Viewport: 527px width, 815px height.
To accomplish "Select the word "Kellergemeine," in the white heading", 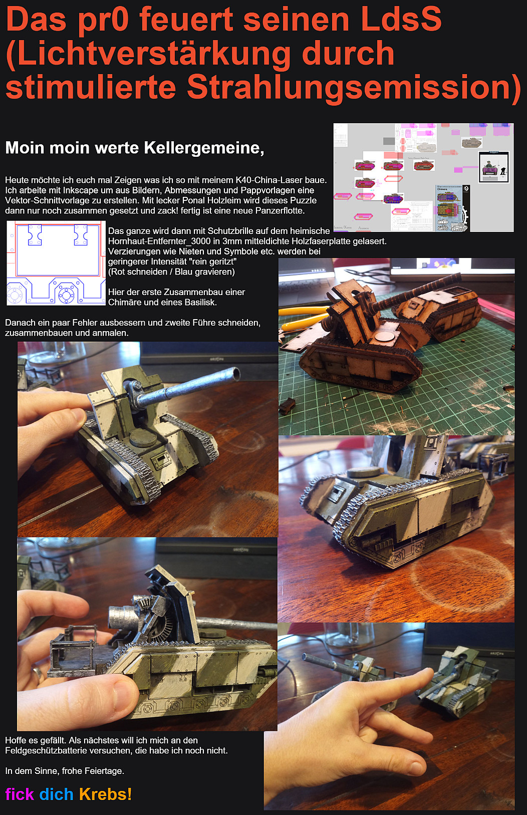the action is [204, 148].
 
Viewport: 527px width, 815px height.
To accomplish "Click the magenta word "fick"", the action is [20, 794].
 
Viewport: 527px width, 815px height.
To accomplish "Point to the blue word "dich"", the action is [57, 794].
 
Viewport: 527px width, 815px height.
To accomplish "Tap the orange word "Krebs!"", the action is [105, 794].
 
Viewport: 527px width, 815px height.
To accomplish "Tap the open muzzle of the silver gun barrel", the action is [235, 373].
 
